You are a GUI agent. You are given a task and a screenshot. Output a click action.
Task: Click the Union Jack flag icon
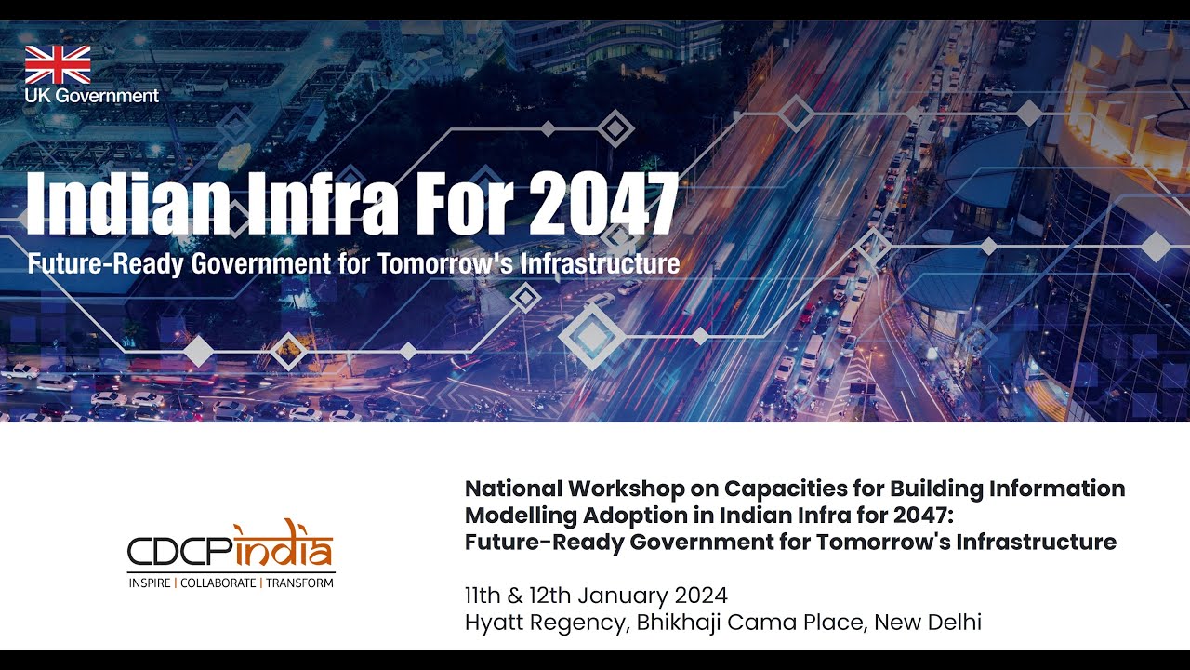click(58, 64)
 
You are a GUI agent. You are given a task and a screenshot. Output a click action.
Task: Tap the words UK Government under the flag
click(92, 96)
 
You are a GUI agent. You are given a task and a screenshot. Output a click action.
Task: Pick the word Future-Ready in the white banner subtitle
click(105, 263)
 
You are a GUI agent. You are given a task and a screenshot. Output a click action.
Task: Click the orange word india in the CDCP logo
click(283, 549)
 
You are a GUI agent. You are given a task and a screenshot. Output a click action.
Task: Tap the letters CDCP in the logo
click(178, 552)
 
